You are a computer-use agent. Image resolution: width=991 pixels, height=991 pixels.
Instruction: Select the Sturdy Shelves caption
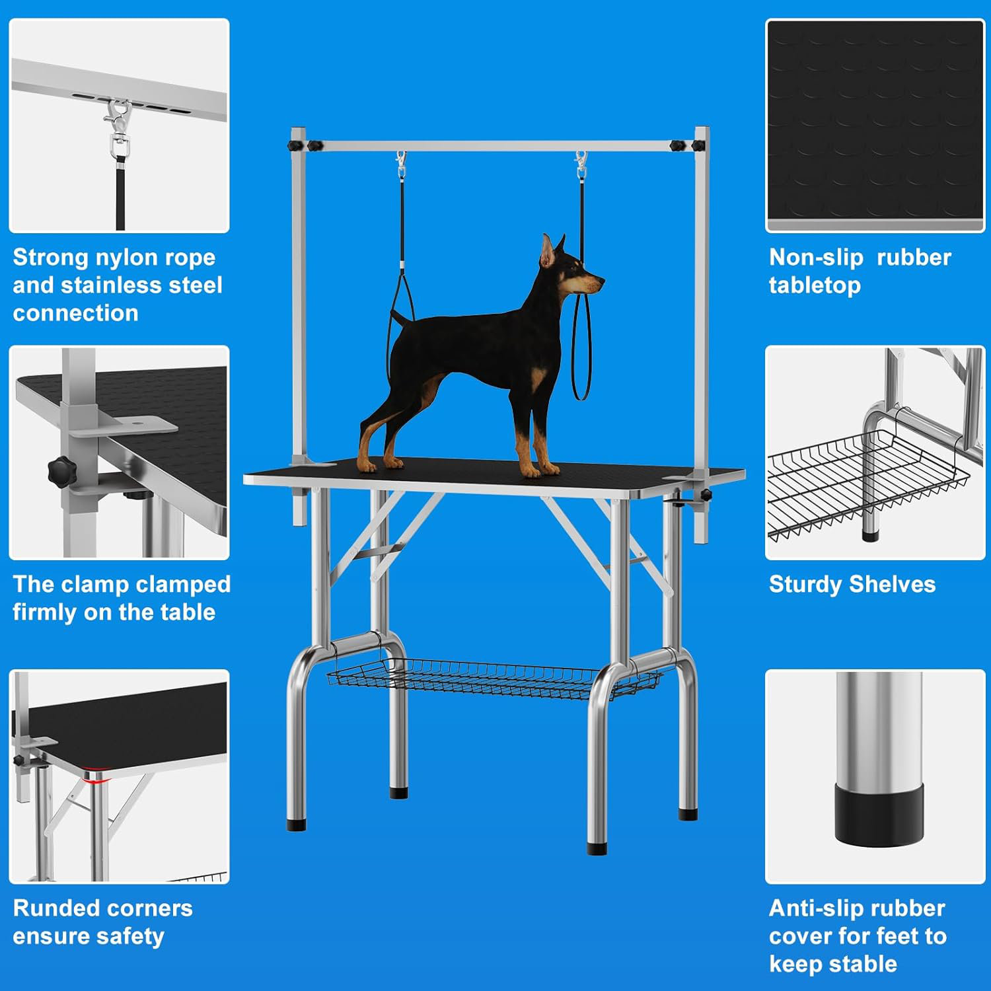pos(852,584)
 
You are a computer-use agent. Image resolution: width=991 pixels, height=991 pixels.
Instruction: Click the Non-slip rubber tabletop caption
pos(859,271)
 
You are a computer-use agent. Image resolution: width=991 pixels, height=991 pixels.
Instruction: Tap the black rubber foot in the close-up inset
pos(878,813)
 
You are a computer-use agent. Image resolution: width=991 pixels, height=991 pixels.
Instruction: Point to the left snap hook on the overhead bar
pos(401,165)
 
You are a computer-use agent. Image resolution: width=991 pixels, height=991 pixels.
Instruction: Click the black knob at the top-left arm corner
pos(313,145)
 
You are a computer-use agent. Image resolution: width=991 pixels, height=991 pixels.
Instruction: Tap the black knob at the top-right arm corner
pos(677,145)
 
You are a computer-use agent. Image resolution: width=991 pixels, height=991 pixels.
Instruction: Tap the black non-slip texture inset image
pos(875,126)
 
